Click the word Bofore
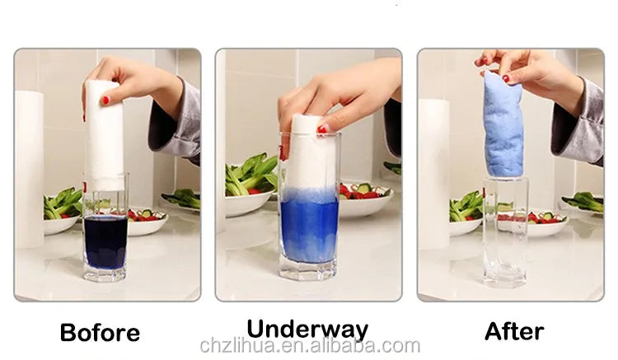pos(100,333)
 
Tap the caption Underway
pos(307,329)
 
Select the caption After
pos(513,331)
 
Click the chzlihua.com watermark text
pos(309,346)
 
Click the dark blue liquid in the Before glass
pos(105,241)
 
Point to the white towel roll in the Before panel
pos(105,132)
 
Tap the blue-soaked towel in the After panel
pos(503,124)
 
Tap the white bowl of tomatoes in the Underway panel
pos(364,202)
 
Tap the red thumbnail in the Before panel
pos(105,101)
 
